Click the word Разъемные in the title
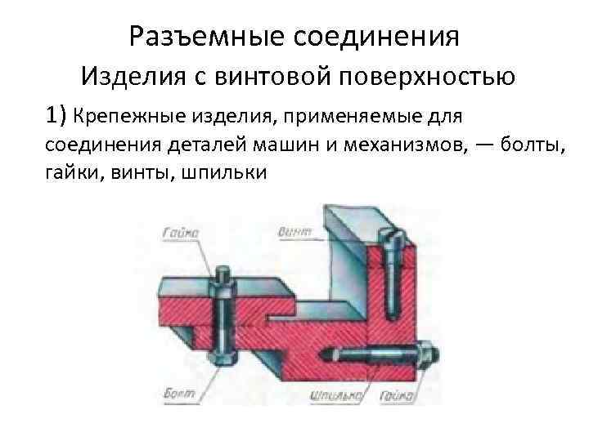(204, 37)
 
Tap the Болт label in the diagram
(185, 394)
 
